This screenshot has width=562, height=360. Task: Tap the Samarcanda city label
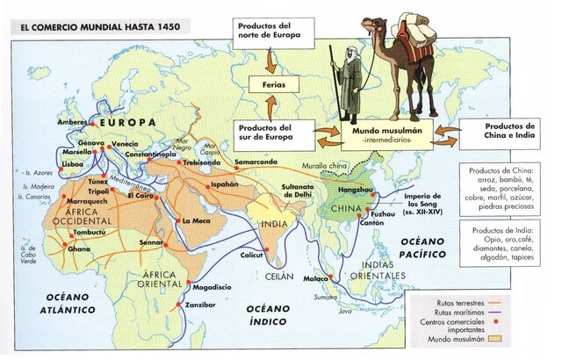pyautogui.click(x=257, y=161)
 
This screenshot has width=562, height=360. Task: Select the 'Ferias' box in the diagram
pyautogui.click(x=270, y=85)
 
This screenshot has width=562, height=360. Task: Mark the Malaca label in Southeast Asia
pyautogui.click(x=314, y=278)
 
